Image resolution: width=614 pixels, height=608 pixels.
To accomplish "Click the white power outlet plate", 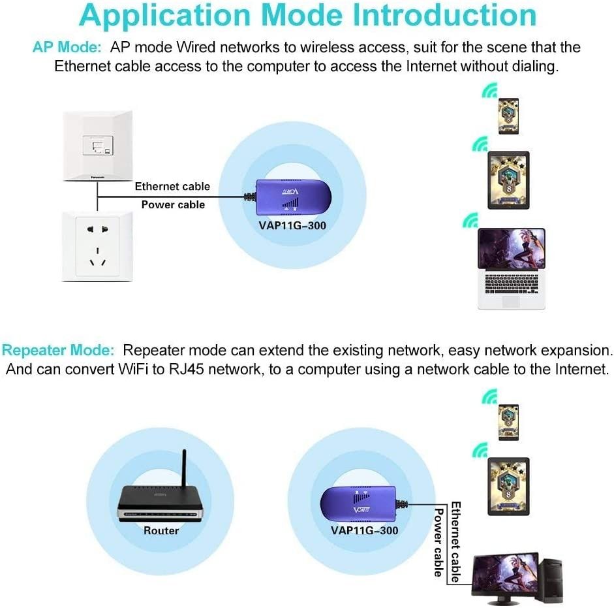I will tap(98, 246).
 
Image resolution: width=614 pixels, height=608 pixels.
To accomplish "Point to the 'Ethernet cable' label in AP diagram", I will tap(172, 187).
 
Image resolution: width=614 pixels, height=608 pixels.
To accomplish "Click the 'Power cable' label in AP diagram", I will tap(173, 205).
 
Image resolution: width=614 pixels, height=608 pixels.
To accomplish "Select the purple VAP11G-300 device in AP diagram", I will tap(291, 197).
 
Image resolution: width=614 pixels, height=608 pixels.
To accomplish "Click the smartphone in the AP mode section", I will tap(508, 116).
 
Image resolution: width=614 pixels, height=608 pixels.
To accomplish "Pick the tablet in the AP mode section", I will tap(508, 180).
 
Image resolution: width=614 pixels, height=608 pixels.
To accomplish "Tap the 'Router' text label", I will tap(161, 531).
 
